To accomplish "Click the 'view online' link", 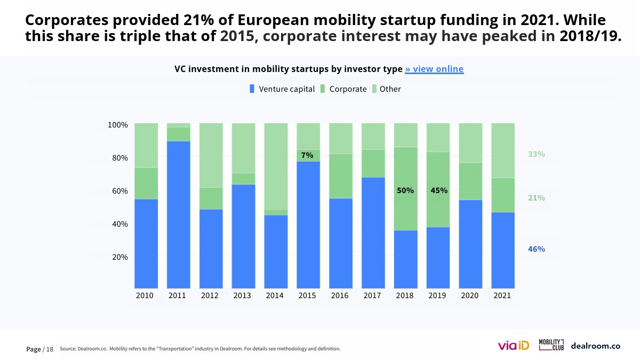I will point(434,69).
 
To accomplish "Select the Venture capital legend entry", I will point(283,89).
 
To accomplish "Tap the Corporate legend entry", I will point(343,89).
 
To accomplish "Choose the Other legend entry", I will point(386,89).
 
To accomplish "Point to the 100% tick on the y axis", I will point(118,125).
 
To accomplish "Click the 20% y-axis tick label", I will point(120,257).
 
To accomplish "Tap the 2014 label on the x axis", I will point(275,295).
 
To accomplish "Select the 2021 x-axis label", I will point(502,295).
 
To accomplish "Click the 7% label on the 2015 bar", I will point(307,155).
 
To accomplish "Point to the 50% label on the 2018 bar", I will point(405,190).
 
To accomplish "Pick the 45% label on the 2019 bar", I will point(439,190).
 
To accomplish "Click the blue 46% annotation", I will point(537,249).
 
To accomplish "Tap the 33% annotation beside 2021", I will point(537,154).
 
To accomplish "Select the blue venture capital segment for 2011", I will point(179,213).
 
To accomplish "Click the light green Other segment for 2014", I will point(276,165).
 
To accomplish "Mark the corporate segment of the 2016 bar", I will point(341,176).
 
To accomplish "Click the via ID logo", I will point(513,346).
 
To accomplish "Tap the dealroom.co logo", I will point(595,346).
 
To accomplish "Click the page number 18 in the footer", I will point(50,349).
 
